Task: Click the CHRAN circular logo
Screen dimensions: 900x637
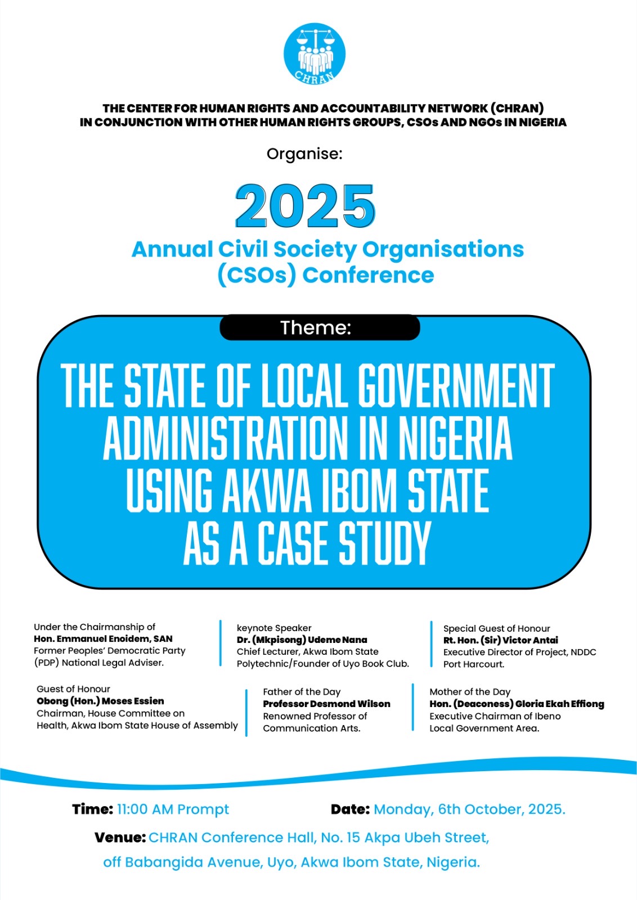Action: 314,55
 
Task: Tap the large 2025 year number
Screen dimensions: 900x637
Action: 305,206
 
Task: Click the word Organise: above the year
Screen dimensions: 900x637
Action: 304,154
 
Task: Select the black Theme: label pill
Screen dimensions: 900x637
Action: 319,327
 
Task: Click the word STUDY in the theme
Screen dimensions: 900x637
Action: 384,543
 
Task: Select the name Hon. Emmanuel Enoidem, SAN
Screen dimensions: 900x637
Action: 103,638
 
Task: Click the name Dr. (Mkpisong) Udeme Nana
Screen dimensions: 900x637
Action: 302,640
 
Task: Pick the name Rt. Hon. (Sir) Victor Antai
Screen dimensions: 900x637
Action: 500,640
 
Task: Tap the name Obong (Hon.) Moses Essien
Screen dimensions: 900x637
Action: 100,701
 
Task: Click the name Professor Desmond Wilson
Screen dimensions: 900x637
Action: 326,704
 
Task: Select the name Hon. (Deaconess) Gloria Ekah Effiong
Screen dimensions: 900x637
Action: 517,704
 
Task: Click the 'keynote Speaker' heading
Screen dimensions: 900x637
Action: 274,628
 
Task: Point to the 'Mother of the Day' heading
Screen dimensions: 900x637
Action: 470,691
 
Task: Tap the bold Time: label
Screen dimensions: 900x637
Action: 92,809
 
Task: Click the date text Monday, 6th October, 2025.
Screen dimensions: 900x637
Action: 469,809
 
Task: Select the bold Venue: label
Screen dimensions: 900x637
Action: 120,838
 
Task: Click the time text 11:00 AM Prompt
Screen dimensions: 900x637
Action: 173,809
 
